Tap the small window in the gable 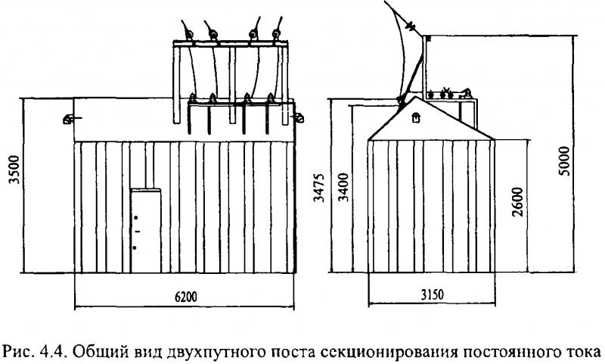pos(417,117)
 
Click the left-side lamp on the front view pos(67,118)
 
